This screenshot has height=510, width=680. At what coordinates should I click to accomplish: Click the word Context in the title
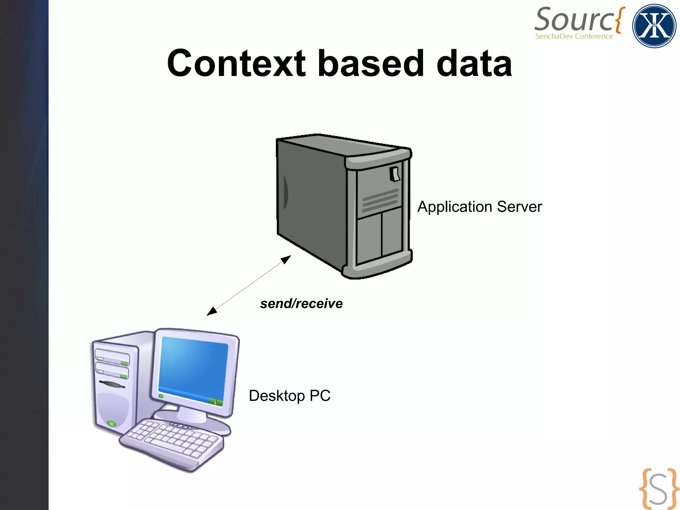tap(236, 63)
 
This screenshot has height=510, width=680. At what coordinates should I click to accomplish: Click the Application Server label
tap(479, 207)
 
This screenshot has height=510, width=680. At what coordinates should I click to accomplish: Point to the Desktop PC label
tap(290, 396)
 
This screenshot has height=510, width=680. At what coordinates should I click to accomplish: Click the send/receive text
tap(301, 304)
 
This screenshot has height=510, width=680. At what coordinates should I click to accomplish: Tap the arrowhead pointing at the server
tap(286, 259)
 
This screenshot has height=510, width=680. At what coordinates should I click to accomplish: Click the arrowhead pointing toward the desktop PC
tap(211, 311)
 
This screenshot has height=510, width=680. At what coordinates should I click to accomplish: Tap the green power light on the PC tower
tap(112, 424)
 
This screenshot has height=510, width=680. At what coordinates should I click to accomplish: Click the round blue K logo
tap(654, 26)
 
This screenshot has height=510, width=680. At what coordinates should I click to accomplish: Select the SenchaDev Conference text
tap(574, 36)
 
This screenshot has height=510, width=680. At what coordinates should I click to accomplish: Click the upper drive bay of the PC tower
tap(112, 357)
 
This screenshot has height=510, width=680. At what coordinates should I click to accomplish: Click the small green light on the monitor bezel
tap(161, 396)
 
